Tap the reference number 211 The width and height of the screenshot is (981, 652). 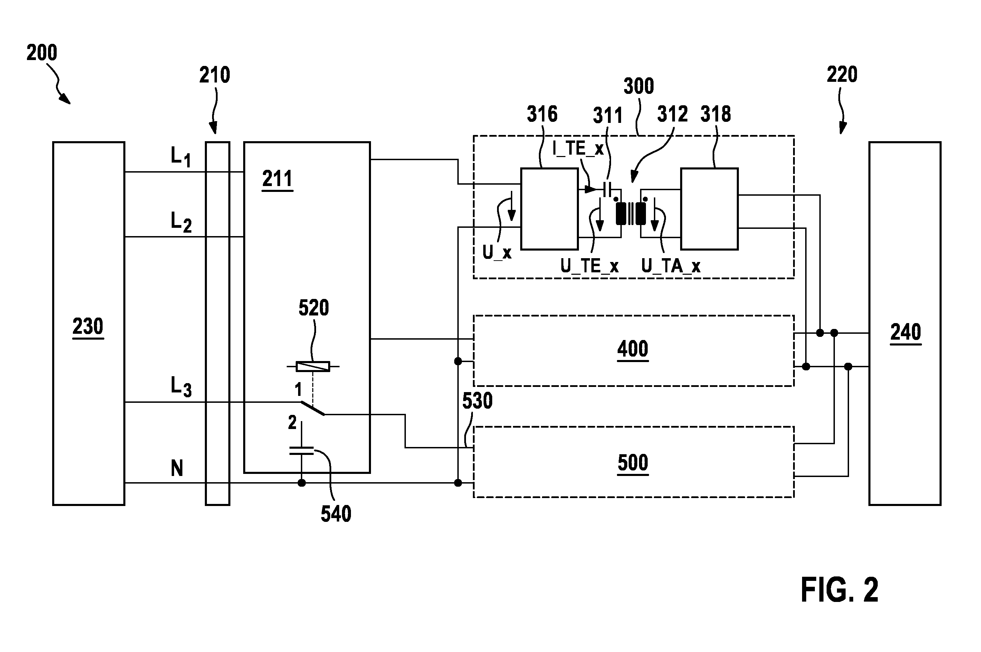[x=277, y=179]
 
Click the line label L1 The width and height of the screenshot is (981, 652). [x=181, y=157]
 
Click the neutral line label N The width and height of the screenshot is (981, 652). [x=177, y=468]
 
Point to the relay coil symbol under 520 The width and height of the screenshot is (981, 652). [x=313, y=366]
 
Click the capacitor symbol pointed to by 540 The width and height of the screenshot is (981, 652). [x=302, y=451]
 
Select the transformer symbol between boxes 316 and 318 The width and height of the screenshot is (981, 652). [x=631, y=214]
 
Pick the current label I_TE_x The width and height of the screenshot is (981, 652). [x=578, y=148]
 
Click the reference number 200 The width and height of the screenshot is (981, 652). [x=41, y=53]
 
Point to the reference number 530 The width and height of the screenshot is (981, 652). [x=477, y=401]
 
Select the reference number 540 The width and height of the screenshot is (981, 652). [x=336, y=514]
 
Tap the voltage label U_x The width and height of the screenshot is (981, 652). [x=497, y=252]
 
